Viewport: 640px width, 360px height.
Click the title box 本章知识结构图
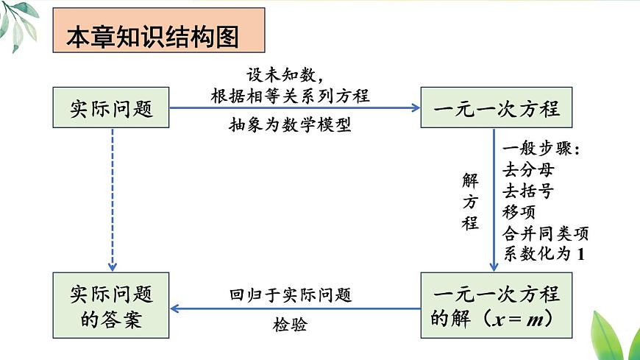158,31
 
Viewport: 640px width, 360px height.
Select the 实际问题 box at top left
111,108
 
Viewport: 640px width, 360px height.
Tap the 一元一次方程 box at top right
497,108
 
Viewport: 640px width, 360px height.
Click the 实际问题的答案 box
111,306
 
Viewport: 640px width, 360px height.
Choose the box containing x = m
497,306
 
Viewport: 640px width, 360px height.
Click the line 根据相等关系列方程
290,95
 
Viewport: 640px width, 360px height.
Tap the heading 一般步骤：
542,149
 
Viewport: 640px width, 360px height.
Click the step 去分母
528,170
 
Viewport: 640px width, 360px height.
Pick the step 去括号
528,191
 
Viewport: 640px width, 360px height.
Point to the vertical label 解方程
470,201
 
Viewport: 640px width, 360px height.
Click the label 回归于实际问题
290,295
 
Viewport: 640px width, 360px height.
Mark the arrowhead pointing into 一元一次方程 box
414,108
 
